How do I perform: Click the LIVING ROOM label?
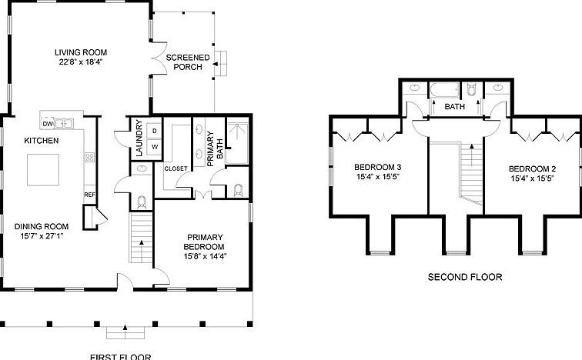[79, 53]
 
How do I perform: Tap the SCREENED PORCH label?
[184, 62]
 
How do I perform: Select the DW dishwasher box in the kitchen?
[48, 123]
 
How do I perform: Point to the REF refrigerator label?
[89, 195]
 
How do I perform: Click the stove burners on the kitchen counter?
[89, 158]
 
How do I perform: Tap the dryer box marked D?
[154, 131]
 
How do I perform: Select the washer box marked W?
[154, 146]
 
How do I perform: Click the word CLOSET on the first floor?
[176, 168]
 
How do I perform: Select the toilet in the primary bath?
[238, 188]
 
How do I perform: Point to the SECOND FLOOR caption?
[466, 278]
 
